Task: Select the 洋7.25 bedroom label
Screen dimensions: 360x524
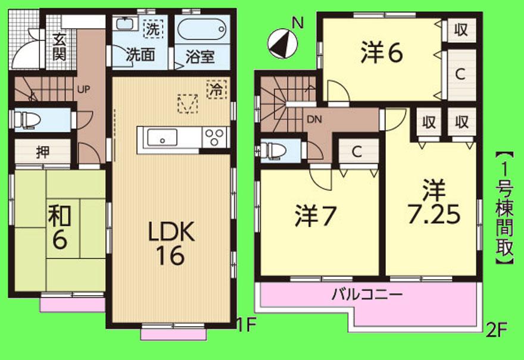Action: point(433,204)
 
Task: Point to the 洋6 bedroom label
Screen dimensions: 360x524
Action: point(382,53)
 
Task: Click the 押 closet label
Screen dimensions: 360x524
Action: point(42,151)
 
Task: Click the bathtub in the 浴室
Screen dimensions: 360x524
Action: point(201,29)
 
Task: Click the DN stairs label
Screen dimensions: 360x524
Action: point(314,118)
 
